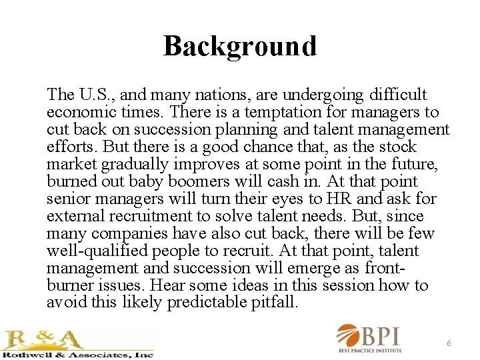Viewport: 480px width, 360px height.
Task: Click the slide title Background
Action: (x=239, y=46)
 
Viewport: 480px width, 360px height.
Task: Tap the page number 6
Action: (x=449, y=343)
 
